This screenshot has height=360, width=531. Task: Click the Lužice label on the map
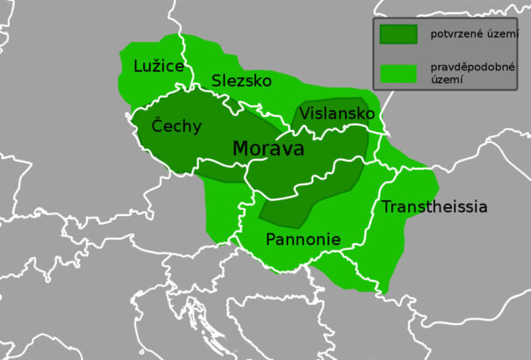(x=160, y=66)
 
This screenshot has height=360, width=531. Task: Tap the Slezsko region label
(x=241, y=81)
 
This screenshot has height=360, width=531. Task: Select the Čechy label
(x=176, y=126)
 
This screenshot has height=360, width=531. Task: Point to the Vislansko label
(x=336, y=114)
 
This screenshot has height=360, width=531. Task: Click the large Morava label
(x=268, y=149)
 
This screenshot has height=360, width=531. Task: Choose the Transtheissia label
(x=434, y=207)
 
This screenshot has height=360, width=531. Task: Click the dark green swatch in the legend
(x=398, y=34)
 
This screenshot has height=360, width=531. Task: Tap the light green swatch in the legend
(x=398, y=73)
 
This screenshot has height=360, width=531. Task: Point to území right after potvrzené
(x=501, y=34)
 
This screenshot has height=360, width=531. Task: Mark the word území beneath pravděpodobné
(x=445, y=80)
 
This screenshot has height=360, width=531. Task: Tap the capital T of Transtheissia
(x=385, y=207)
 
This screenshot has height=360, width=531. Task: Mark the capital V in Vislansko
(x=305, y=114)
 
